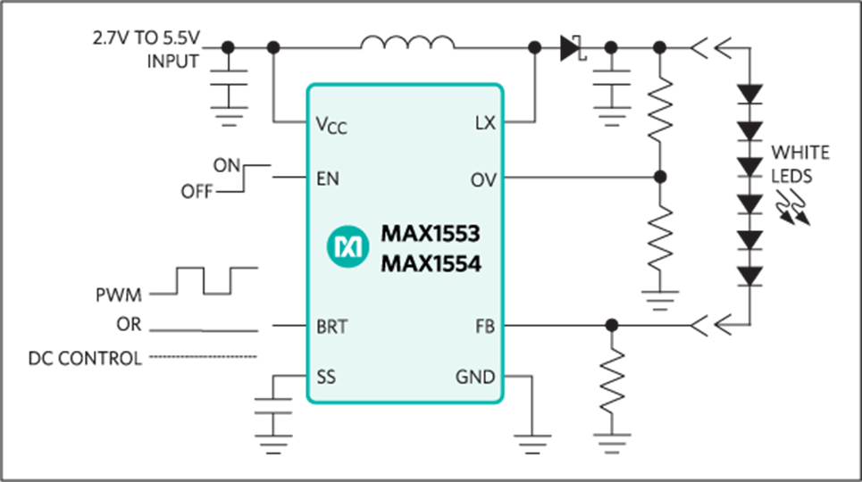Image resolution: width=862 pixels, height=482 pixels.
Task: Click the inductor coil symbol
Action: click(x=407, y=42)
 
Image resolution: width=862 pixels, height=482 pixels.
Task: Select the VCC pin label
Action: click(x=331, y=125)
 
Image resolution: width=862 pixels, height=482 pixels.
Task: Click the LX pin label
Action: click(x=485, y=123)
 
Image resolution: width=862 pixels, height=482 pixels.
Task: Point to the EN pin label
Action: click(x=328, y=179)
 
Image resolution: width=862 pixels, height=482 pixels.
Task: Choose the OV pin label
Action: click(x=483, y=179)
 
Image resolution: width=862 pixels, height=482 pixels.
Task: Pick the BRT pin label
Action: click(x=332, y=327)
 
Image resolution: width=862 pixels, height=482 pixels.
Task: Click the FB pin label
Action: click(x=485, y=327)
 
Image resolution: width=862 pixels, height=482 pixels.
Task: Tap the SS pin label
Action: click(x=326, y=377)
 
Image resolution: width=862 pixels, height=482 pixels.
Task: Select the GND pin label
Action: click(x=475, y=377)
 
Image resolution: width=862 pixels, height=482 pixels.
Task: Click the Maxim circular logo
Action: click(x=347, y=246)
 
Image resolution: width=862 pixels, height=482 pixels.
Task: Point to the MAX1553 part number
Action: click(x=431, y=234)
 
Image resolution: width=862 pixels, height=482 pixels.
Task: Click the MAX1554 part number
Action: click(x=431, y=264)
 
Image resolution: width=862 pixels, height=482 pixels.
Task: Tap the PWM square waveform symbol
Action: click(x=204, y=281)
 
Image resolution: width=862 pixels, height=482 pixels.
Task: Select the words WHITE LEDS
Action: click(x=799, y=163)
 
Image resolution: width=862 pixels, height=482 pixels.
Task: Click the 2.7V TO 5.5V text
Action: click(x=146, y=37)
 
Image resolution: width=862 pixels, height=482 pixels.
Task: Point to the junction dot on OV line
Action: click(x=660, y=177)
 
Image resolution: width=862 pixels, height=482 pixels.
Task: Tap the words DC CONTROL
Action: click(x=85, y=358)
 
